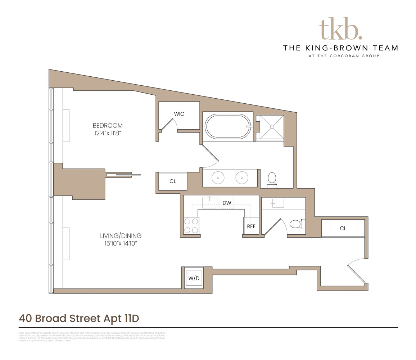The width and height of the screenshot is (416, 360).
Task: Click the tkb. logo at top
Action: [x=340, y=28]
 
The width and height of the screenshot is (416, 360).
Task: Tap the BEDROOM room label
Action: [x=108, y=126]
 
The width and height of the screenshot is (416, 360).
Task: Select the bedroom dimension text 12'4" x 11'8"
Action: [x=108, y=133]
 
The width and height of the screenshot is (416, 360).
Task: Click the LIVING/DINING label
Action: [x=121, y=236]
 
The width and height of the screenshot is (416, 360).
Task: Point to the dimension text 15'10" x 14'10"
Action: [x=121, y=244]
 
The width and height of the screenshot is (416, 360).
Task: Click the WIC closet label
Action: [x=179, y=114]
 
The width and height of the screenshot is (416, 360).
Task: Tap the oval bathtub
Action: [x=225, y=126]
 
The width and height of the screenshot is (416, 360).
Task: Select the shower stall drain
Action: [x=272, y=126]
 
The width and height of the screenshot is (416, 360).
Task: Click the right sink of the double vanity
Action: [x=241, y=177]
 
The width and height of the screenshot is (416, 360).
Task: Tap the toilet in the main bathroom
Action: [x=272, y=179]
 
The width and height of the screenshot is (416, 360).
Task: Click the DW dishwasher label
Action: [x=227, y=203]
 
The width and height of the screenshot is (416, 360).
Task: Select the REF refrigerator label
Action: [x=251, y=227]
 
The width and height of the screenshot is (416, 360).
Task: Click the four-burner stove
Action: [x=191, y=226]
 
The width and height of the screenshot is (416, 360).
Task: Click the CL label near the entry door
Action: [x=343, y=228]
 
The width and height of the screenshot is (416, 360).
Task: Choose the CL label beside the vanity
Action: [x=173, y=181]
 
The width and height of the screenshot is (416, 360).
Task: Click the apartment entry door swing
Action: [x=356, y=270]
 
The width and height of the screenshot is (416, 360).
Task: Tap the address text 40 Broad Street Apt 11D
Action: [x=79, y=318]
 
